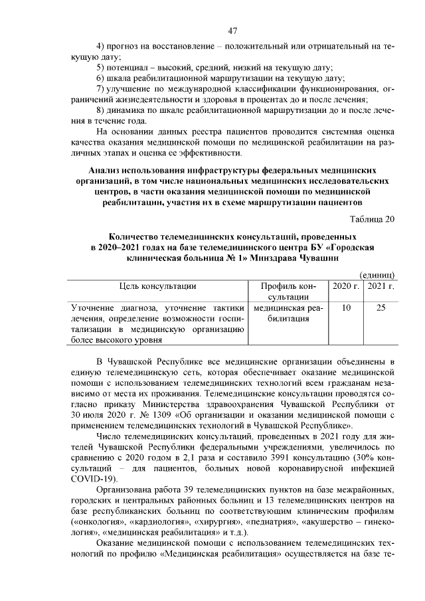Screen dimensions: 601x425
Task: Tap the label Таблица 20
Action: click(x=373, y=220)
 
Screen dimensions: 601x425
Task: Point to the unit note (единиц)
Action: click(x=378, y=275)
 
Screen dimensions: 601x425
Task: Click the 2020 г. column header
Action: click(x=346, y=286)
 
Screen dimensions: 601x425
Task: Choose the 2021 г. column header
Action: click(x=381, y=286)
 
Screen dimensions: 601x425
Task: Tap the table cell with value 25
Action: click(x=381, y=307)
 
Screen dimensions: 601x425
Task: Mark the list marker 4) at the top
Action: click(x=101, y=46)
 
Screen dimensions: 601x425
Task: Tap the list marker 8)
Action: click(x=101, y=110)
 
